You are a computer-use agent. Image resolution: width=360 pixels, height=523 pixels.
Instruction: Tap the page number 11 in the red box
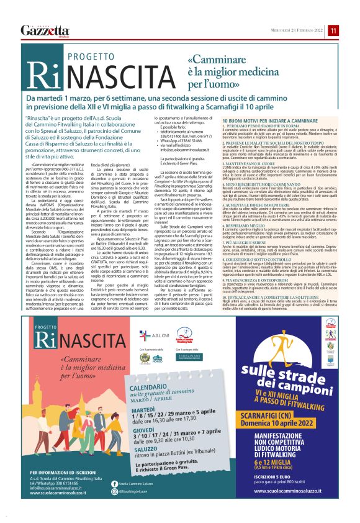[333, 30]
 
